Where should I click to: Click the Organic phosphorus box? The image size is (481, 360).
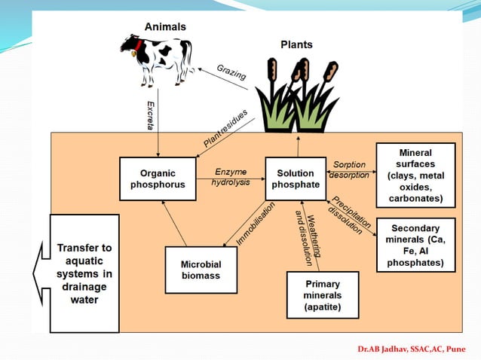pyautogui.click(x=158, y=178)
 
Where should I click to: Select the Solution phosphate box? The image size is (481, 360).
pyautogui.click(x=296, y=178)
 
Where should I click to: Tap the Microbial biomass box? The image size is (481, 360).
pyautogui.click(x=201, y=270)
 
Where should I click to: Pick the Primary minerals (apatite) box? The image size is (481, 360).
pyautogui.click(x=323, y=294)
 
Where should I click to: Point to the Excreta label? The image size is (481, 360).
pyautogui.click(x=151, y=113)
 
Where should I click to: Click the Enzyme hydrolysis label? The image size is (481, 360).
pyautogui.click(x=231, y=178)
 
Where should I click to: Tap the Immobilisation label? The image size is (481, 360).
pyautogui.click(x=256, y=222)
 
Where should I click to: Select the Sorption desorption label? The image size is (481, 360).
pyautogui.click(x=349, y=169)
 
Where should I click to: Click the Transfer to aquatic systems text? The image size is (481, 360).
pyautogui.click(x=84, y=273)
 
